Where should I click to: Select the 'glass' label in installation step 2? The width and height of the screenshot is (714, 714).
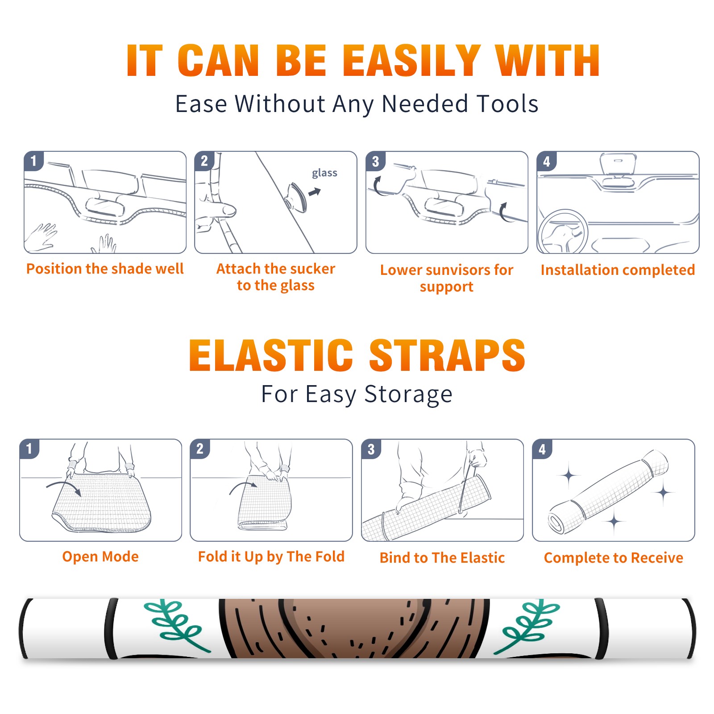(x=324, y=173)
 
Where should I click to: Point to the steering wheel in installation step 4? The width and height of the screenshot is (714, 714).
(x=562, y=232)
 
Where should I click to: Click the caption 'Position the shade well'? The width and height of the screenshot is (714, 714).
(x=105, y=269)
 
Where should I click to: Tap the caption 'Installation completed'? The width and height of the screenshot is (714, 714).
(x=618, y=270)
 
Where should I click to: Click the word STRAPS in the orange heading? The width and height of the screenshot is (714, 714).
(x=447, y=355)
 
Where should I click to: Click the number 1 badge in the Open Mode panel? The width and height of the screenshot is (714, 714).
(x=29, y=448)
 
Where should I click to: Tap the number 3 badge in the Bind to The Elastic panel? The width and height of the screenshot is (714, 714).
(x=371, y=449)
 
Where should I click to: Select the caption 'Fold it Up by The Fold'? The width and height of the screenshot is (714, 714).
(x=271, y=557)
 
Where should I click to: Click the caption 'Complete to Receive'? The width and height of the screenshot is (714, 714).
(x=614, y=558)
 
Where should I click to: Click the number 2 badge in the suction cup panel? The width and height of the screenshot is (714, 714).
(x=204, y=161)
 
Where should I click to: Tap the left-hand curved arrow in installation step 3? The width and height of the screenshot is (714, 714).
(x=377, y=187)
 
